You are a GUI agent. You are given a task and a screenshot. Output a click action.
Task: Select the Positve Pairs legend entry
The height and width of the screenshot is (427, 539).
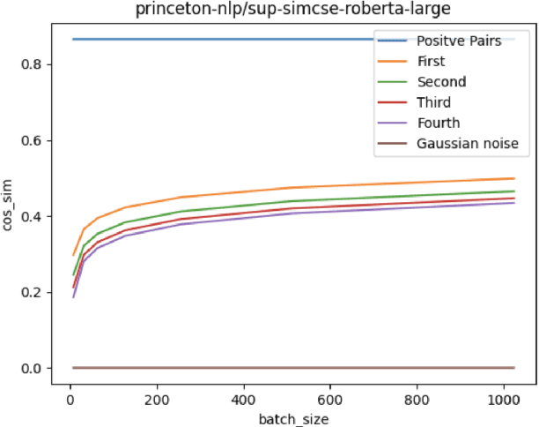pos(458,41)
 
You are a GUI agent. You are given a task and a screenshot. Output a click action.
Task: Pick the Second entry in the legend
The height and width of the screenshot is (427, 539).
pos(442,82)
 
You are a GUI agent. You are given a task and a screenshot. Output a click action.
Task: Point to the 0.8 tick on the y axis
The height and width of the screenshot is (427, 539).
pos(33,65)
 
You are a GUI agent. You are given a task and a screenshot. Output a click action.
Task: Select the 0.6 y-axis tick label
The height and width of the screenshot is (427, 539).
pos(33,141)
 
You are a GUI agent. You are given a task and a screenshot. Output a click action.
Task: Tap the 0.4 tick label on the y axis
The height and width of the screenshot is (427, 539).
pos(33,217)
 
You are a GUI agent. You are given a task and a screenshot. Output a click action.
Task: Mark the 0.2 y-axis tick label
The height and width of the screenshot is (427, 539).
pos(33,292)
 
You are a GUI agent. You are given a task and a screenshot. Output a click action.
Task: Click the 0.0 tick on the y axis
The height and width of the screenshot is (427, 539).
pos(33,368)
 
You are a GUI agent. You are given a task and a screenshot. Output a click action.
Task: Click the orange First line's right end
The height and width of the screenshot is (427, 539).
pos(514,178)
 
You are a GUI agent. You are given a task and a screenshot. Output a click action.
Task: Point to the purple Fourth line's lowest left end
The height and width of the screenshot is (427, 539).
pos(73,297)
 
